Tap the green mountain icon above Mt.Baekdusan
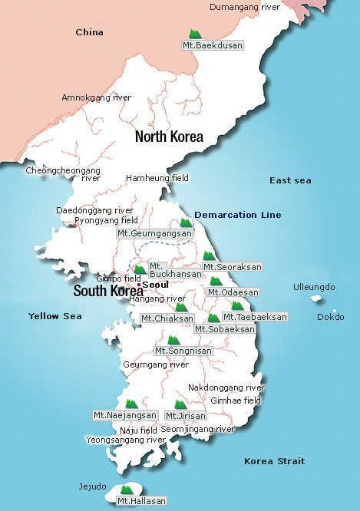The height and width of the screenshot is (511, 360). point(196,34)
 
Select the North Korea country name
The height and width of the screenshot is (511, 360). point(169,137)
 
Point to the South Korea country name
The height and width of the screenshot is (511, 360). point(107,292)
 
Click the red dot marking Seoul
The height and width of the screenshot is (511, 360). point(139,285)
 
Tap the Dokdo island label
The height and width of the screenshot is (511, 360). point(331,316)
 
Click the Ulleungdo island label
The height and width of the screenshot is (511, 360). point(314,287)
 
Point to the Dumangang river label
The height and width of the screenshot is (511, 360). point(245,6)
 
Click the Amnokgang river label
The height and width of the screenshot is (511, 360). point(96,97)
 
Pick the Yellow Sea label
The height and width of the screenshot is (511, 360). point(54,316)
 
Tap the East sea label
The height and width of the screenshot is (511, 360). point(290,180)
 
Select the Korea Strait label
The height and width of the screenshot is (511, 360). point(274,461)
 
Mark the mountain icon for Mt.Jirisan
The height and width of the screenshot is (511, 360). point(180,404)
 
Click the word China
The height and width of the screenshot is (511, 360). point(89,32)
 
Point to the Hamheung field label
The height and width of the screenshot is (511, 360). point(157,178)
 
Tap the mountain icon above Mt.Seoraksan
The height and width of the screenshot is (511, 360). point(208,256)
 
